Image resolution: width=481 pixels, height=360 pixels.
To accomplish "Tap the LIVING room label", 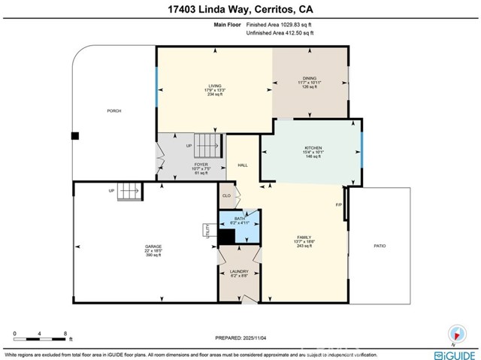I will [x=215, y=86].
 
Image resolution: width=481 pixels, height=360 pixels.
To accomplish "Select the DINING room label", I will [x=310, y=78].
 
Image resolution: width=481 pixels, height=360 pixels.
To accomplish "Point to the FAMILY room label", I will [x=304, y=237].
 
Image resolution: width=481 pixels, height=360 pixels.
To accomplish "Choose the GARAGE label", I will [x=153, y=247].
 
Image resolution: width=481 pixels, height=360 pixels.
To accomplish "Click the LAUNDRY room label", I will [x=239, y=271].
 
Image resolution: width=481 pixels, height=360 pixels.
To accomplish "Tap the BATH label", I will [x=239, y=219].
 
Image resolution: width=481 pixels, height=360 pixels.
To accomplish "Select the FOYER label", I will [x=201, y=164].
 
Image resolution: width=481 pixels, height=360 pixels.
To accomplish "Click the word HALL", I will [x=243, y=165].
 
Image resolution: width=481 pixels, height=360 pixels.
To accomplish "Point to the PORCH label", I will [x=113, y=110].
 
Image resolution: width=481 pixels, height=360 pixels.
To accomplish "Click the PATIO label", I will [x=380, y=246].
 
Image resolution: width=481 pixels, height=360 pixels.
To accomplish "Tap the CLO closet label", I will [x=226, y=196].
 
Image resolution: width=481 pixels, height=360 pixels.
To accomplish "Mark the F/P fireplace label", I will [x=338, y=204].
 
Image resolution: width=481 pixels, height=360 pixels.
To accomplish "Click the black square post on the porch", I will [x=74, y=137].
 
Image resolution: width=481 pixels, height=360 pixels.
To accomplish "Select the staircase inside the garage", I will [x=129, y=191].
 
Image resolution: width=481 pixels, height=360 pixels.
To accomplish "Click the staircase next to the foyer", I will [x=210, y=143].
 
